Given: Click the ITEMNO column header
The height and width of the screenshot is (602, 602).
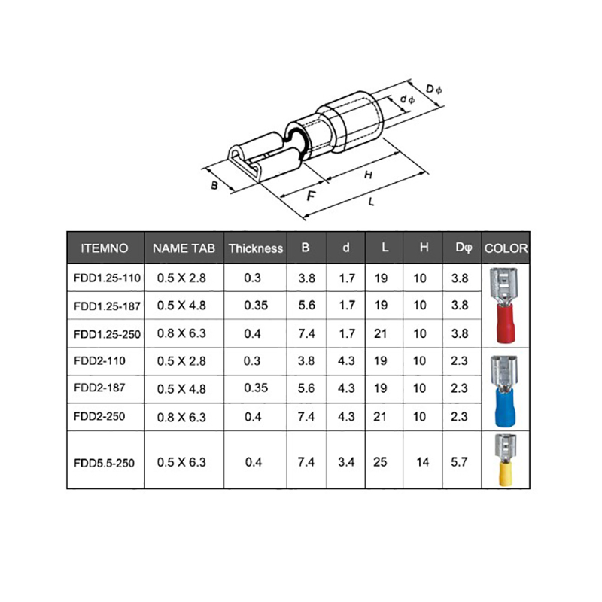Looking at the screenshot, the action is pyautogui.click(x=105, y=248).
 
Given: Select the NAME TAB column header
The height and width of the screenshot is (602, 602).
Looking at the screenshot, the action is pyautogui.click(x=184, y=248).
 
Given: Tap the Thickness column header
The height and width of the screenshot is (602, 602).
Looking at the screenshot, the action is pyautogui.click(x=256, y=248).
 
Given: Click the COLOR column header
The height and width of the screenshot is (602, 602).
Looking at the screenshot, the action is pyautogui.click(x=506, y=248).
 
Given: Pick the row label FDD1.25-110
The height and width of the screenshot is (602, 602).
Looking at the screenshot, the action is pyautogui.click(x=107, y=278).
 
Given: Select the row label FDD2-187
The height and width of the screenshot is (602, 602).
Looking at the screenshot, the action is pyautogui.click(x=99, y=388).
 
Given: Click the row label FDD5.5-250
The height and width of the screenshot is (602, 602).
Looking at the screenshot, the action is pyautogui.click(x=104, y=463).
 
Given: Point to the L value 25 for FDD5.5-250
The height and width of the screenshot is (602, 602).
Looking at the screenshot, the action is pyautogui.click(x=380, y=462).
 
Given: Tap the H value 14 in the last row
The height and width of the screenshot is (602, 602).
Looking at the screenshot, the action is pyautogui.click(x=422, y=462).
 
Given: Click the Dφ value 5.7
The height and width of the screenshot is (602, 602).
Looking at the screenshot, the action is pyautogui.click(x=459, y=462).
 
